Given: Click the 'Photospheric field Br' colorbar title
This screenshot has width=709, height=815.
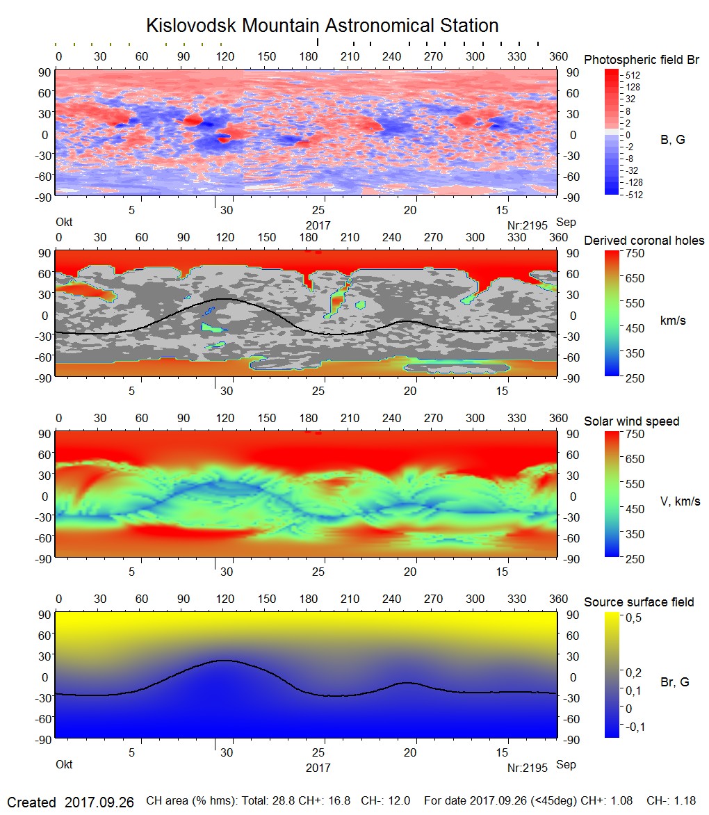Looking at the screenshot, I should coord(642,60).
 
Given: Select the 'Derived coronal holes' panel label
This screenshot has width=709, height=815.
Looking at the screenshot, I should coord(644,241).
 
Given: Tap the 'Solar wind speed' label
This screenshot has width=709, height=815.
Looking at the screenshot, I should coord(632,421).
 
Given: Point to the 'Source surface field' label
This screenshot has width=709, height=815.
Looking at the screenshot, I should coord(639,602).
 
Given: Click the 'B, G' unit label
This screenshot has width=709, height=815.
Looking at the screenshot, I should coord(672,140).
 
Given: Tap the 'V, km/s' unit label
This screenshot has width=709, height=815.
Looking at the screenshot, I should coord(680,501).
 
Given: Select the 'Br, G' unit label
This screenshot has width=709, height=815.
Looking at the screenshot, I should coord(674,682).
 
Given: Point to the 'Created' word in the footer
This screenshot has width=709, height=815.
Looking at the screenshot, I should coord(31,802).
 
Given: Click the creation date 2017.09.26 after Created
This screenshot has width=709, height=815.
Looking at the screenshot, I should coord(98,802).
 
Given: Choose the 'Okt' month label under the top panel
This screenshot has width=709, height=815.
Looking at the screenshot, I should coord(64,223).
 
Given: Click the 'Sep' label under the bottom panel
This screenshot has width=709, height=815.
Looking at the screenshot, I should coord(566,765).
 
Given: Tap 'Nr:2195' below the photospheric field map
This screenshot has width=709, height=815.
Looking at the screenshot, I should coord(527,225).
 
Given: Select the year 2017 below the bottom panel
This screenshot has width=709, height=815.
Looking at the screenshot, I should coord(318,768).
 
